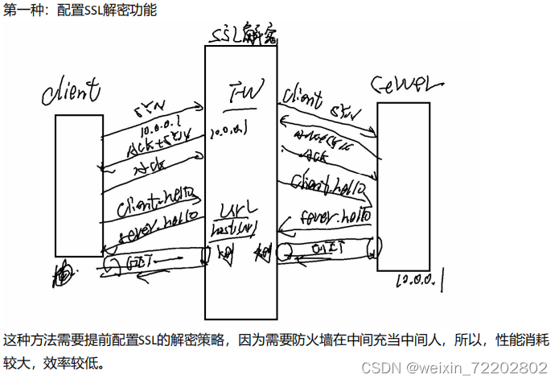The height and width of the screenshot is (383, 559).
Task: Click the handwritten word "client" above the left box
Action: click(x=72, y=89)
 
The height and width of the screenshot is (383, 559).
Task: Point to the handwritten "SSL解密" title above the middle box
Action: click(x=242, y=35)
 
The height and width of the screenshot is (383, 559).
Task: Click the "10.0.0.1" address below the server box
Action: click(x=422, y=280)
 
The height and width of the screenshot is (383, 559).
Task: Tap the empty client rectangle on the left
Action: click(x=78, y=185)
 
